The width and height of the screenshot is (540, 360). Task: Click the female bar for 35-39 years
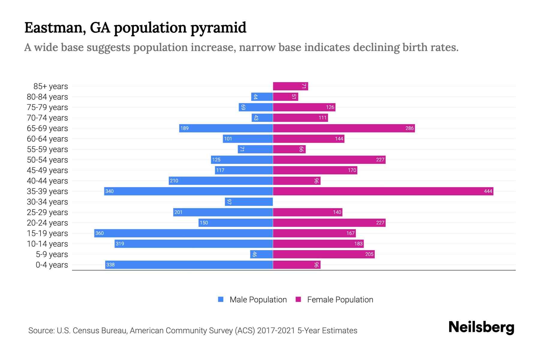point(383,191)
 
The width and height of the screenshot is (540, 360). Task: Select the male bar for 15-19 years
point(183,233)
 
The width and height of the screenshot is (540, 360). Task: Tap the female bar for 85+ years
point(290,86)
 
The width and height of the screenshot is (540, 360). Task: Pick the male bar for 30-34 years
point(249,202)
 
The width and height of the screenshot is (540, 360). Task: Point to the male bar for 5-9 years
point(261,254)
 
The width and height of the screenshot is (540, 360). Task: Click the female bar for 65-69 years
point(344,128)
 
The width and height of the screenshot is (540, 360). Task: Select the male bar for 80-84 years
point(262,97)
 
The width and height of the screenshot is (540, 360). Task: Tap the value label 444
point(488,191)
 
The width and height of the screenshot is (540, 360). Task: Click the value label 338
point(110,265)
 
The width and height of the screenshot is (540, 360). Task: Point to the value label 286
point(409,128)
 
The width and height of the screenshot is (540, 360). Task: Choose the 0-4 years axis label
point(52,265)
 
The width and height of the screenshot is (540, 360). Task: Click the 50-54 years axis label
point(47,160)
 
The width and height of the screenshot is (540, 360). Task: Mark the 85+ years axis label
point(51,86)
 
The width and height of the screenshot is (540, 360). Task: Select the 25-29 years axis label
point(47,212)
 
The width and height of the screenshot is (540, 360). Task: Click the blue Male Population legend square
point(221,299)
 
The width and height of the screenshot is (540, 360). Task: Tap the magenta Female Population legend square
point(298,299)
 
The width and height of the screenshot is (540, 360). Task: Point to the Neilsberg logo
point(481,327)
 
